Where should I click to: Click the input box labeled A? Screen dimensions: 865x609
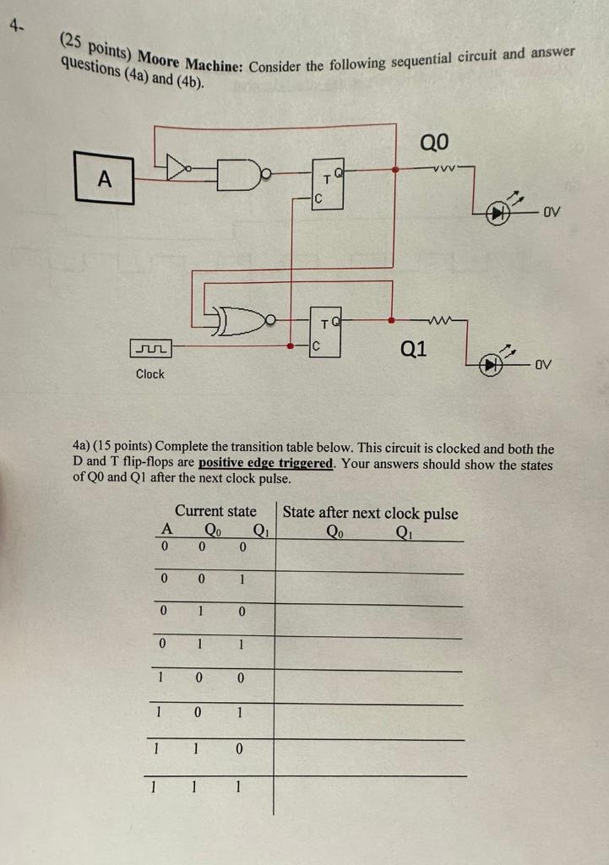105,178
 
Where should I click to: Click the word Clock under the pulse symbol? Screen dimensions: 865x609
150,373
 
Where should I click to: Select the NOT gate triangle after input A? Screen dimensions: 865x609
179,170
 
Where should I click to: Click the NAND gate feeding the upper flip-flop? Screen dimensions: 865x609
242,172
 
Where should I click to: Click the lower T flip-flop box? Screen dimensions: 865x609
326,331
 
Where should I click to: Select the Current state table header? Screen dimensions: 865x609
215,511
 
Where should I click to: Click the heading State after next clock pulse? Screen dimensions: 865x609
370,513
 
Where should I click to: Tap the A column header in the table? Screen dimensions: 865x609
166,530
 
